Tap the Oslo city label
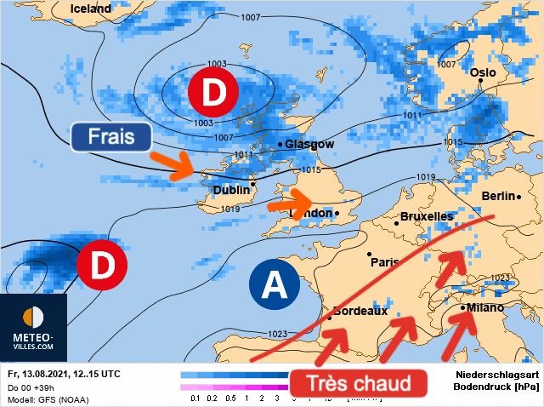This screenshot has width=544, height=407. coord(482,73)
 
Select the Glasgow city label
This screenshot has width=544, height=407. coord(309,144)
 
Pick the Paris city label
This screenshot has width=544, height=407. coord(385,262)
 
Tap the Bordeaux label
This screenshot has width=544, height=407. coord(360,311)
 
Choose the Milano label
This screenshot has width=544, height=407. coord(484,307)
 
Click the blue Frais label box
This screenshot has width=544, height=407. coord(111,136)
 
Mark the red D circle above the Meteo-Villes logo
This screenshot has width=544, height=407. coord(102,265)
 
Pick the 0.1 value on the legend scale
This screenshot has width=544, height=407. coord(196,398)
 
